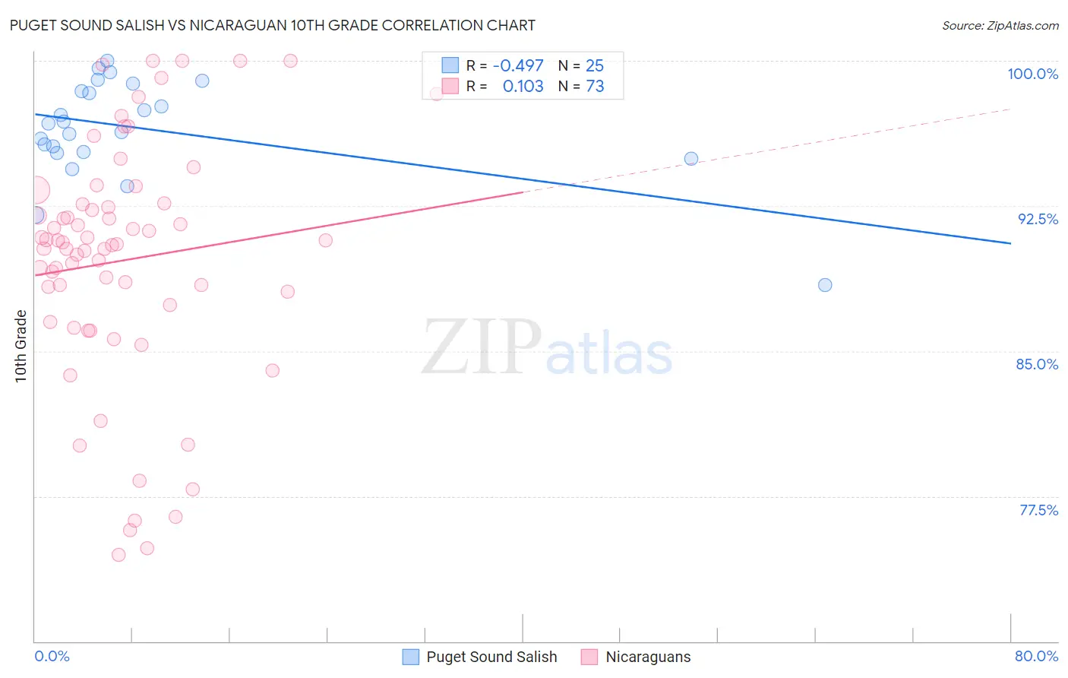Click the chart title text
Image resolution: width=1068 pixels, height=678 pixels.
click(x=272, y=25)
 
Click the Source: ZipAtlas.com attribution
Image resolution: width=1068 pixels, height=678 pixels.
click(x=1000, y=25)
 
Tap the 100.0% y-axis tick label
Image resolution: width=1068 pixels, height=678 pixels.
click(x=1032, y=74)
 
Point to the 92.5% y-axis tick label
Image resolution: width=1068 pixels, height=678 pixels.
click(x=1038, y=219)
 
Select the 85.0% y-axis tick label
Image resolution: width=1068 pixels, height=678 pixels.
click(x=1037, y=364)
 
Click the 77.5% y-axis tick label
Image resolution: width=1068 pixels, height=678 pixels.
click(x=1038, y=510)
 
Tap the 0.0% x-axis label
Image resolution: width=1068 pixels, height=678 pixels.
click(x=52, y=656)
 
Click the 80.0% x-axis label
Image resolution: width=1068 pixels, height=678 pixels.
click(x=1036, y=656)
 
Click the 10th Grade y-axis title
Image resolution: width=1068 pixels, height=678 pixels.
click(x=21, y=346)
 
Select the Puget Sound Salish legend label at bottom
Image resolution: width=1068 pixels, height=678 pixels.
click(x=491, y=657)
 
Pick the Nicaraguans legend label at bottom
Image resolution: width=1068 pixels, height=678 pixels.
click(x=648, y=657)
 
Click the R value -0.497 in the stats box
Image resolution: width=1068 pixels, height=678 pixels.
click(x=518, y=65)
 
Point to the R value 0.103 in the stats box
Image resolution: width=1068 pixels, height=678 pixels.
click(x=523, y=87)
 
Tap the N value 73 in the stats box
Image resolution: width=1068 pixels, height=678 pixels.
click(x=595, y=87)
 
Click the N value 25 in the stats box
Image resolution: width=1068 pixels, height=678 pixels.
click(x=595, y=65)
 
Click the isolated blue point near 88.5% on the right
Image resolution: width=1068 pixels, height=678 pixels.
click(x=825, y=285)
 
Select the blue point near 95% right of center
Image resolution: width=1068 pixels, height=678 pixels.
click(x=691, y=159)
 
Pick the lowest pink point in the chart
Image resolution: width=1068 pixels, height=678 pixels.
click(x=118, y=555)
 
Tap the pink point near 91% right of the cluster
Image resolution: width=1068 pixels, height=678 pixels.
click(x=326, y=240)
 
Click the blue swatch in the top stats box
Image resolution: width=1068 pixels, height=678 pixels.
click(x=450, y=65)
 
